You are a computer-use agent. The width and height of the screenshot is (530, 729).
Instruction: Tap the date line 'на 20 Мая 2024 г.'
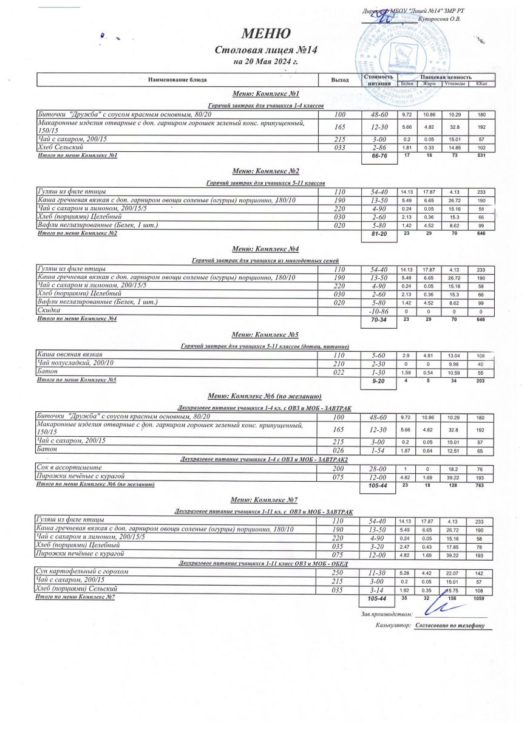265,62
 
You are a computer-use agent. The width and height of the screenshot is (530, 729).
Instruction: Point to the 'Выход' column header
340,80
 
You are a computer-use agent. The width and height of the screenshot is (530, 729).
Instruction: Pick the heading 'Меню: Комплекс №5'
265,335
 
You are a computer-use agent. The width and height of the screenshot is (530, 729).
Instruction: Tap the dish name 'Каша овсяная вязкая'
70,354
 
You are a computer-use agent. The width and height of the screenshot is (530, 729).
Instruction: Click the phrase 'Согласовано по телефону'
450,625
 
